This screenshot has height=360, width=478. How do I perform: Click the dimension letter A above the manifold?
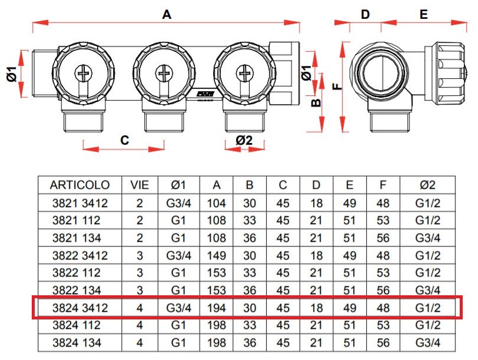click(x=167, y=15)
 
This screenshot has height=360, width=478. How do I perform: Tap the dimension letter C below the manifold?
click(x=124, y=140)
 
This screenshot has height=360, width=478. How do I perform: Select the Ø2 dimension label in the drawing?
click(x=244, y=140)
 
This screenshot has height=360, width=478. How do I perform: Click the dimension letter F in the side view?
click(x=337, y=86)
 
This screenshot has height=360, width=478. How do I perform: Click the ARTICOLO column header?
click(x=79, y=185)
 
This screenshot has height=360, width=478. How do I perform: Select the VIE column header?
click(x=140, y=185)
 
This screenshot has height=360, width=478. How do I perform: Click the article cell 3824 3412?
click(x=79, y=307)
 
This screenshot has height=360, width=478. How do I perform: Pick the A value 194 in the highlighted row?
click(x=217, y=307)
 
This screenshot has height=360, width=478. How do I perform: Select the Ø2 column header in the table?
click(x=428, y=185)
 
